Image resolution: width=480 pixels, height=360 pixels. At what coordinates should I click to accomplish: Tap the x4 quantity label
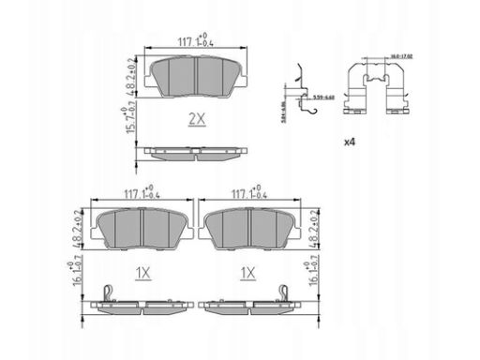pyautogui.click(x=350, y=142)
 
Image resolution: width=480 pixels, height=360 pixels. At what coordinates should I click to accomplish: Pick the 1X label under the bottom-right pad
pyautogui.click(x=247, y=273)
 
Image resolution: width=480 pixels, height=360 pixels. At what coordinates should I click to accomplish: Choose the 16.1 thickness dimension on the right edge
pyautogui.click(x=310, y=277)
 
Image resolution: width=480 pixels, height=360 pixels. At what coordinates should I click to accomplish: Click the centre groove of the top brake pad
pyautogui.click(x=196, y=74)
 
